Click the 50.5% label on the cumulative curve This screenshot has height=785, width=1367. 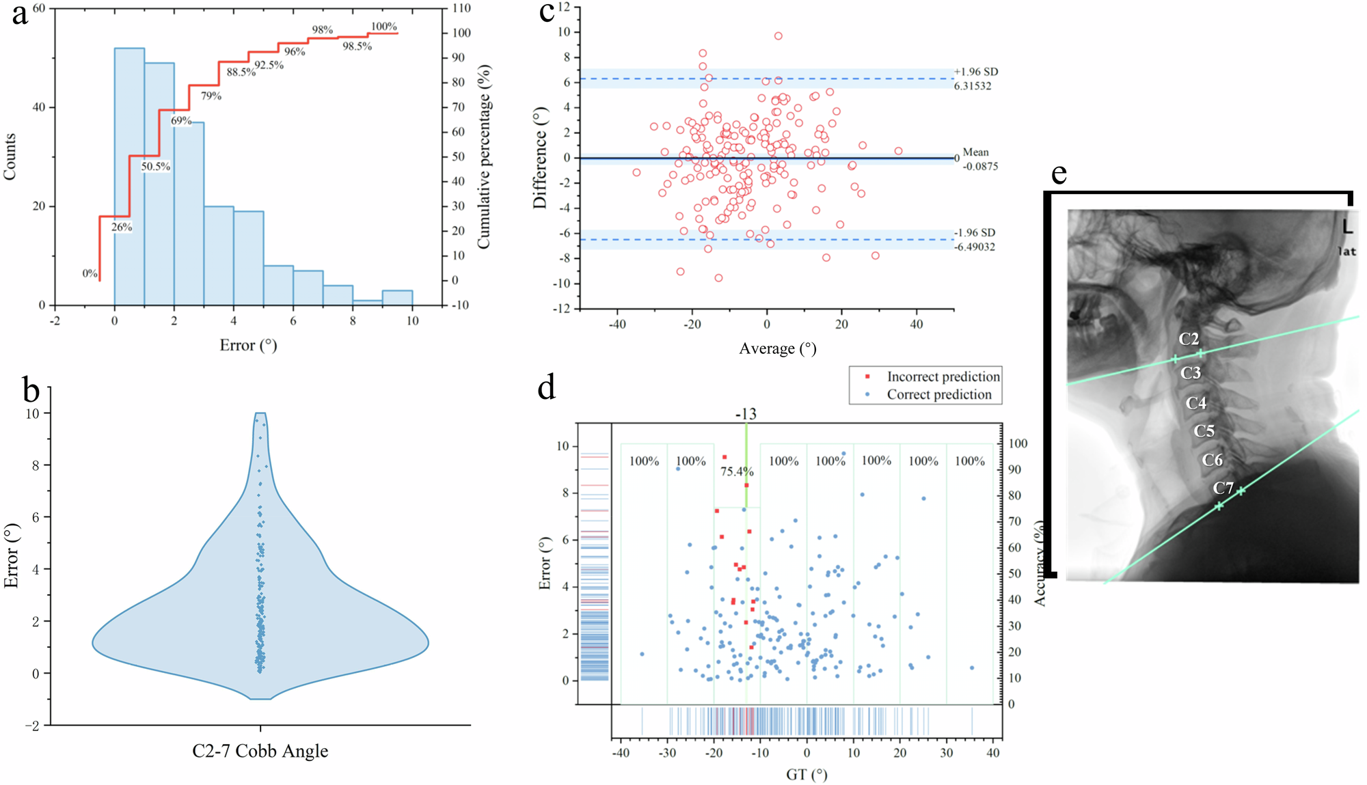click(156, 167)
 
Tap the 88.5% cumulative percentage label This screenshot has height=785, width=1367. click(241, 72)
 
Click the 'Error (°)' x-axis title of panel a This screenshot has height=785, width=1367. click(248, 346)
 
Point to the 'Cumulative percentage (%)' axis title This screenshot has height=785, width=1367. click(484, 157)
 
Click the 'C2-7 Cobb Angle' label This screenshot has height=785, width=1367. click(260, 752)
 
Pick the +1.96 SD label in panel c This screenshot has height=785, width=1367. click(976, 72)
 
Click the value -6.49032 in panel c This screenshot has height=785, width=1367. click(975, 247)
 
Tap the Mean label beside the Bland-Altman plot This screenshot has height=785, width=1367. click(976, 152)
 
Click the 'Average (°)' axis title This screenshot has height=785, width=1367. click(778, 349)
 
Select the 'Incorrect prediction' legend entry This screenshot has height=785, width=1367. click(943, 376)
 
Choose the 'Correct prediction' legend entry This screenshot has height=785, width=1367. click(938, 395)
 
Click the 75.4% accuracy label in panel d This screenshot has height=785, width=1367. click(737, 471)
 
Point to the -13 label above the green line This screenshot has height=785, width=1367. click(746, 415)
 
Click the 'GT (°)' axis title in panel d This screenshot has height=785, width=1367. click(807, 775)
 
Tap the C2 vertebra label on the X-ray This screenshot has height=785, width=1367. click(1189, 339)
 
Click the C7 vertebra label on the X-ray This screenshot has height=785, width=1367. click(1223, 488)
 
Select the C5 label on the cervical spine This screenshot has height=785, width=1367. click(1204, 431)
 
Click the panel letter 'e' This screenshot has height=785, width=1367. click(1059, 174)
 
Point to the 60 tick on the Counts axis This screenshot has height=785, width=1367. click(39, 8)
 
